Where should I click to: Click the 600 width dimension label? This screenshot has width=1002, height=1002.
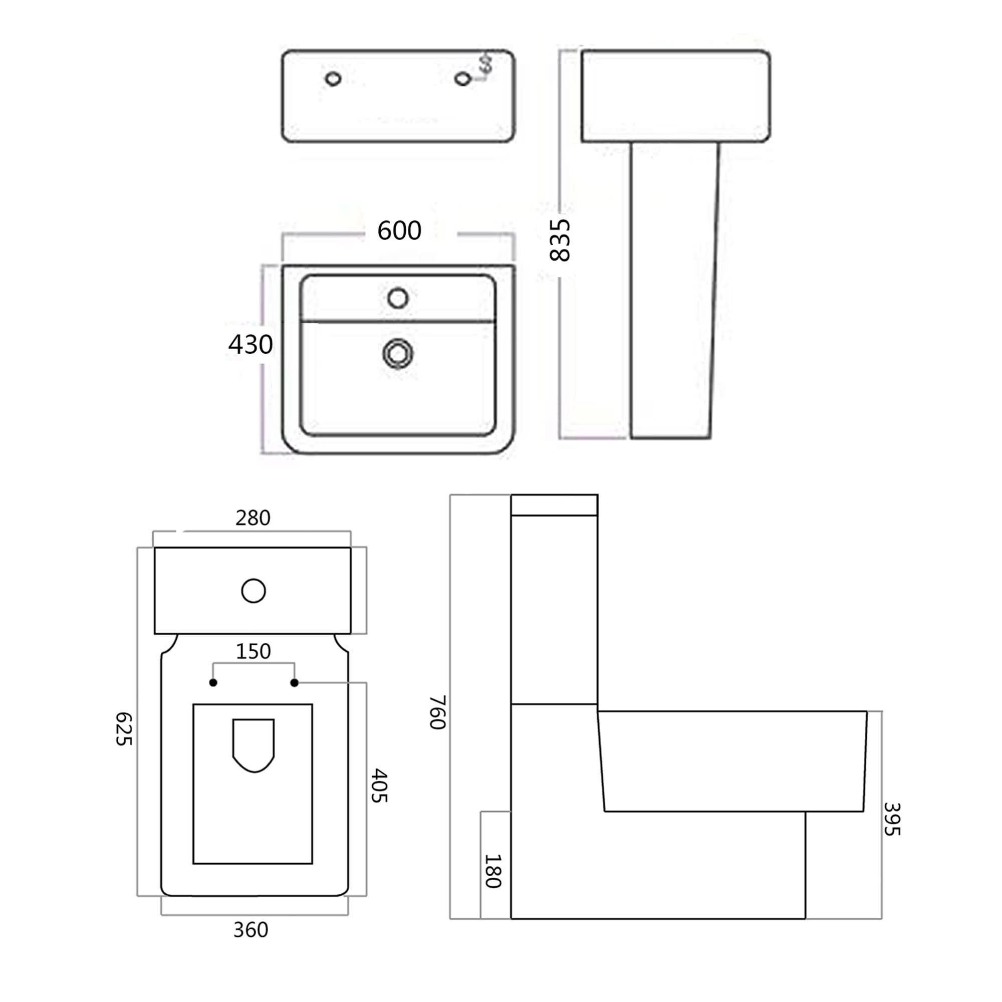click(x=399, y=230)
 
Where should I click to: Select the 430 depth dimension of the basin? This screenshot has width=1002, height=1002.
click(x=250, y=344)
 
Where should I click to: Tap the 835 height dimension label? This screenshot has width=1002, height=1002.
click(x=560, y=239)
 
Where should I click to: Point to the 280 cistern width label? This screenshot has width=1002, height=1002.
click(x=253, y=518)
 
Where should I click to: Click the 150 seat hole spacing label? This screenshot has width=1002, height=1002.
click(x=253, y=651)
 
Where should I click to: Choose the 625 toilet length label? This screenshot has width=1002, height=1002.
click(x=123, y=728)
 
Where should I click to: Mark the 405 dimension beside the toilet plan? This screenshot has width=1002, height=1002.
click(x=379, y=785)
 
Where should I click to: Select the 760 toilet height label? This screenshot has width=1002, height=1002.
click(x=438, y=712)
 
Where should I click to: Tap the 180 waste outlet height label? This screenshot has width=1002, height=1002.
click(x=492, y=871)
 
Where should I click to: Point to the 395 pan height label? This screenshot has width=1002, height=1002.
click(x=892, y=819)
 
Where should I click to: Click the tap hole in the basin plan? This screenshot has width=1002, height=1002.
click(x=398, y=298)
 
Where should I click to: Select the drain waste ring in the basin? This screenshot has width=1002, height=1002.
click(x=398, y=354)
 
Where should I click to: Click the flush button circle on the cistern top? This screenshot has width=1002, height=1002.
click(x=254, y=591)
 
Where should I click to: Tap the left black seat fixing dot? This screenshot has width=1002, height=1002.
click(x=213, y=682)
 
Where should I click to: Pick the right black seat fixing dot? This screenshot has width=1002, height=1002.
click(x=295, y=682)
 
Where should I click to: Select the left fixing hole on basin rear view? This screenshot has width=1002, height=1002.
click(x=333, y=79)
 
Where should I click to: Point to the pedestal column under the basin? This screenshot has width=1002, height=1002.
click(x=674, y=291)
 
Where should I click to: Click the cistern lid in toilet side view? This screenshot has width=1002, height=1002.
click(x=554, y=505)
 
